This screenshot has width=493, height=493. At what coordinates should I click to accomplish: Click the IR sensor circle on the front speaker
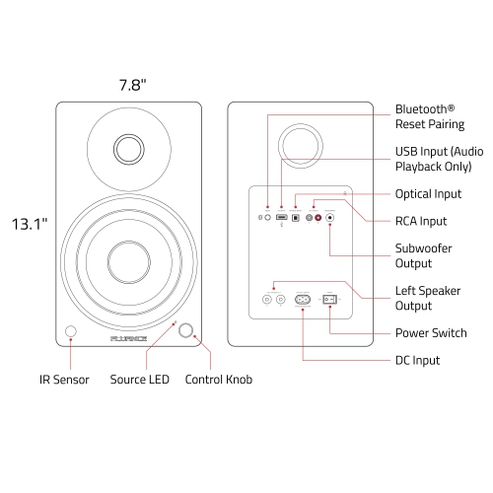(x=70, y=332)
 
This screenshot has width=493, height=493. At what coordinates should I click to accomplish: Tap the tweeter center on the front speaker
(x=128, y=148)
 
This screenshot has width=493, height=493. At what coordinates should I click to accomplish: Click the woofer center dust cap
(x=128, y=259)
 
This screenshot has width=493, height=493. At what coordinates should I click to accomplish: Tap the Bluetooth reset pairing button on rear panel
(x=268, y=217)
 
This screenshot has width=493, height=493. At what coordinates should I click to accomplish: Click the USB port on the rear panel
(x=282, y=217)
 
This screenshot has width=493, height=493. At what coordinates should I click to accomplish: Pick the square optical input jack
(x=296, y=217)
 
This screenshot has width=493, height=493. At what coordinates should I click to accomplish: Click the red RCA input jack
(x=317, y=217)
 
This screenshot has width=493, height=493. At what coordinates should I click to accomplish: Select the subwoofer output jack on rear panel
(x=330, y=217)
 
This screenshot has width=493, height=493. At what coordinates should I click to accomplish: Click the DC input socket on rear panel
(x=302, y=298)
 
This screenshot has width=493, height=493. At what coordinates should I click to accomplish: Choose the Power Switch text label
(x=430, y=332)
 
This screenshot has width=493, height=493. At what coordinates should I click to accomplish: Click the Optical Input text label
(x=430, y=193)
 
